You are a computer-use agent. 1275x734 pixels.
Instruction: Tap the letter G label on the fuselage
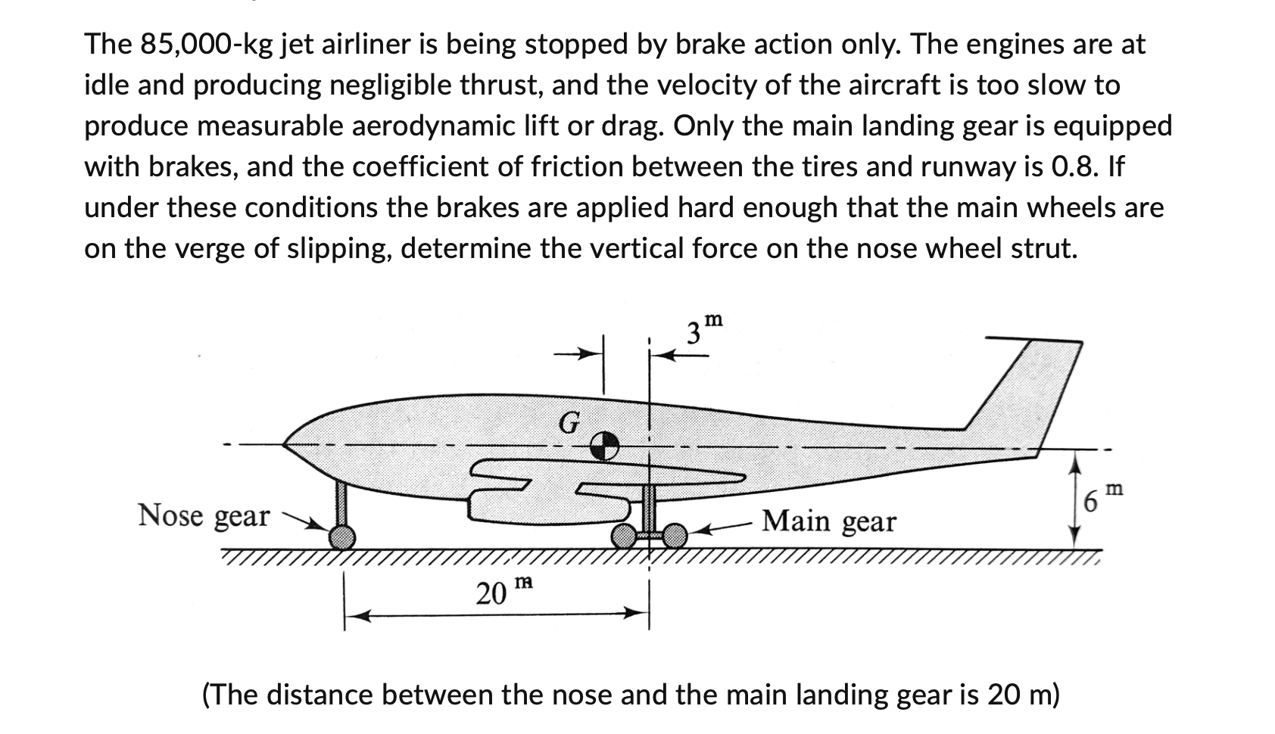pyautogui.click(x=569, y=422)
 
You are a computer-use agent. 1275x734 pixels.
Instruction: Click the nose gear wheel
pyautogui.click(x=342, y=537)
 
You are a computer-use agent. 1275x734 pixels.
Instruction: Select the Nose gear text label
pyautogui.click(x=203, y=515)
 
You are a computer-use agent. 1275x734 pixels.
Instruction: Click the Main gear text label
pyautogui.click(x=828, y=521)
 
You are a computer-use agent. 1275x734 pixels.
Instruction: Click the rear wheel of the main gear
pyautogui.click(x=674, y=536)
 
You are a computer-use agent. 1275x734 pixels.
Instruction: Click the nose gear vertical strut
pyautogui.click(x=341, y=503)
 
